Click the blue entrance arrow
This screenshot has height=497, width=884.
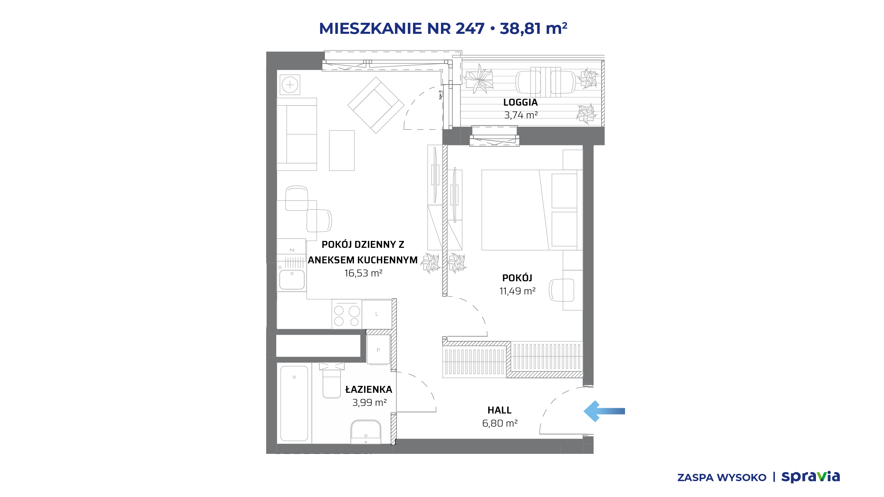[604, 411]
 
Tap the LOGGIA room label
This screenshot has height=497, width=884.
[520, 103]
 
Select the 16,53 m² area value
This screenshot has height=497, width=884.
[363, 273]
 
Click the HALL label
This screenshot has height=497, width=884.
[499, 410]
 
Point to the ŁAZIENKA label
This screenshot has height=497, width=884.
[369, 389]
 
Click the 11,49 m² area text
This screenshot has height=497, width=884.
[517, 291]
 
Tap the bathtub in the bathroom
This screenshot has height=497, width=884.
[294, 403]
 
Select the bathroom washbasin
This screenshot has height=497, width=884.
[366, 432]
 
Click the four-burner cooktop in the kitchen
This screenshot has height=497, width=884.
[347, 314]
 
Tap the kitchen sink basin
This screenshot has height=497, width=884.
[292, 280]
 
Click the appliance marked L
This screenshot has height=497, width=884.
[377, 314]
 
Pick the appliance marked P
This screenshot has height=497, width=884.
[378, 350]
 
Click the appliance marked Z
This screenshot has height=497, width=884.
[291, 247]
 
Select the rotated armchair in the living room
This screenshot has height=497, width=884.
[376, 105]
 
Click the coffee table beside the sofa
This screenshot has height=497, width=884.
[342, 150]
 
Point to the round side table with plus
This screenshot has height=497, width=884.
[290, 85]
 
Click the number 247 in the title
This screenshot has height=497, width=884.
[470, 28]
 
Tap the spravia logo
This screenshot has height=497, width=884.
[810, 477]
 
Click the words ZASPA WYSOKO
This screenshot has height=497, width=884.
[722, 478]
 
